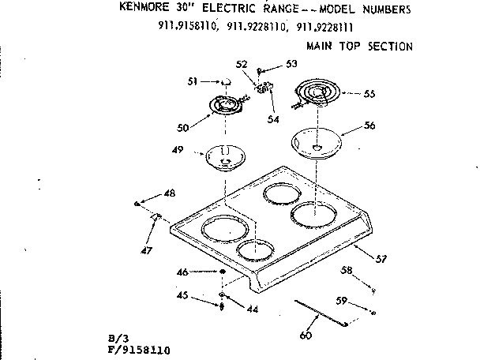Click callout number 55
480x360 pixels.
[369, 94]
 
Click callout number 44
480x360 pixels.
[252, 309]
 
